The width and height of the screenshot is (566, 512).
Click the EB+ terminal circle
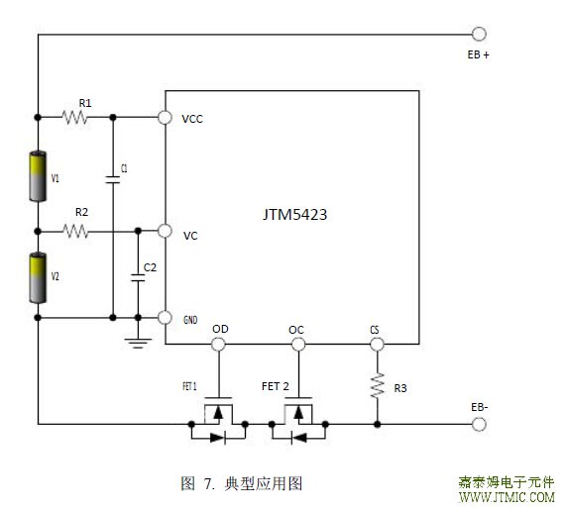(479, 34)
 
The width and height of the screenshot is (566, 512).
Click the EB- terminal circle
(479, 424)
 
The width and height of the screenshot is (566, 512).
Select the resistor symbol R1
(74, 117)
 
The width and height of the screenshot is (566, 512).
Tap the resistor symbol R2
(75, 231)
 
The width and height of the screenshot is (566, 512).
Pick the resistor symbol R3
(378, 385)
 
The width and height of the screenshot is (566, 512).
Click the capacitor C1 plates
(113, 180)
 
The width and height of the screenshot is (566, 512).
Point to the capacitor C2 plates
(138, 277)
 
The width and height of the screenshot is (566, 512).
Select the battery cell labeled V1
(38, 176)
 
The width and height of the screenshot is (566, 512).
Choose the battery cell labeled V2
(38, 278)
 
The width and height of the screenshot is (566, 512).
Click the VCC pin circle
(165, 117)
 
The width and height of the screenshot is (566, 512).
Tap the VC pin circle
(165, 231)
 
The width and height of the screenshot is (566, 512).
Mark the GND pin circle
(165, 318)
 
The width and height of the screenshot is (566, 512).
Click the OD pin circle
(218, 344)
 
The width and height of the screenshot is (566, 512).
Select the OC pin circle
(298, 344)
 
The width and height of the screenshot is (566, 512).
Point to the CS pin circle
(378, 344)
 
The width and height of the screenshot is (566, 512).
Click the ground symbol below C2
(138, 344)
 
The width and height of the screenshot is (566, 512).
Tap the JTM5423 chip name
(295, 215)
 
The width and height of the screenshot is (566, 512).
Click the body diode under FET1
(218, 438)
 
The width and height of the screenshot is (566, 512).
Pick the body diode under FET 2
(298, 438)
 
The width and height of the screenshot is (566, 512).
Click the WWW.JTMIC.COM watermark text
(507, 497)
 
